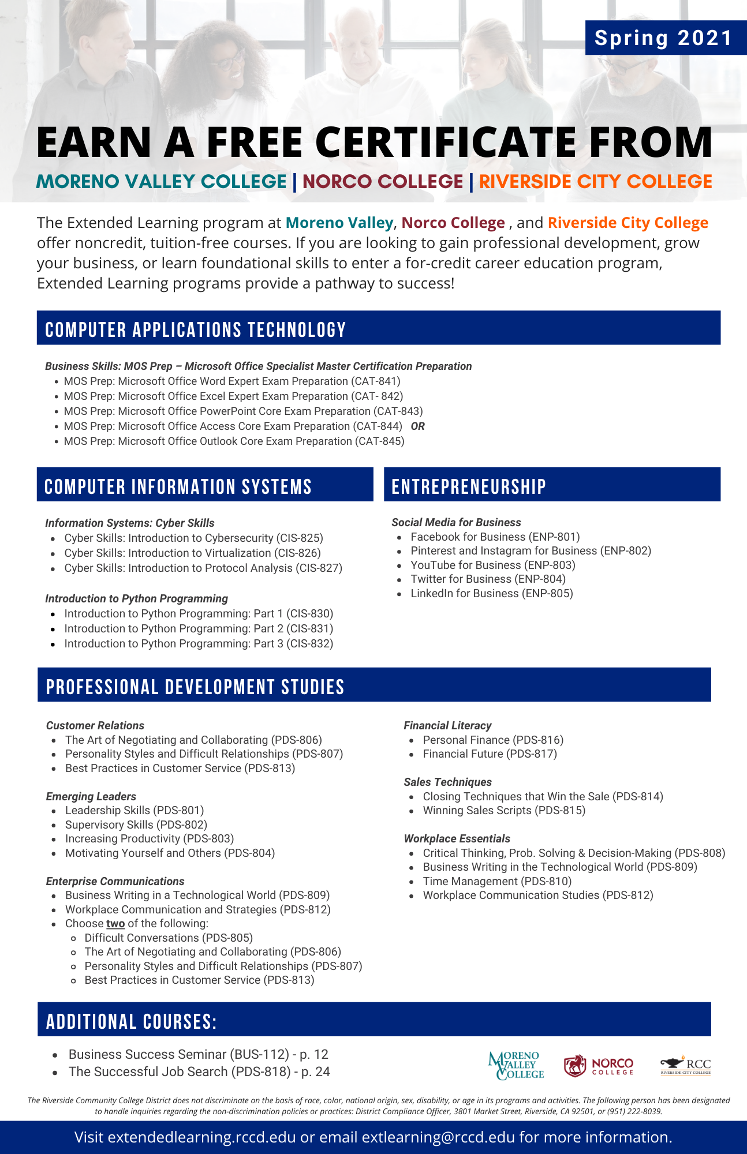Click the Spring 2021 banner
click(x=663, y=38)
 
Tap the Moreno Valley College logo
click(x=516, y=1065)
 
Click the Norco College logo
click(x=598, y=1066)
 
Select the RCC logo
click(x=686, y=1065)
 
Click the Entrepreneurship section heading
click(x=468, y=486)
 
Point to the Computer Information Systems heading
click(x=178, y=486)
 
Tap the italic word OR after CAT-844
click(x=417, y=426)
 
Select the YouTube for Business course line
click(x=492, y=565)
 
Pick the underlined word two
click(x=115, y=924)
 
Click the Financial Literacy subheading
click(x=447, y=726)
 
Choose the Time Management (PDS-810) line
click(x=497, y=882)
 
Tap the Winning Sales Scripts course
click(x=504, y=811)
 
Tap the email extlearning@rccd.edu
click(x=438, y=1137)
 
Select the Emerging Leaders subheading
click(x=91, y=797)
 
